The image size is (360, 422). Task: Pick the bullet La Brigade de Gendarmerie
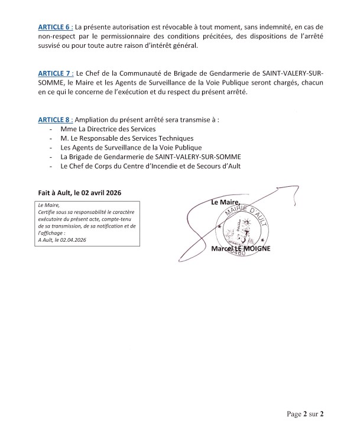coord(130,157)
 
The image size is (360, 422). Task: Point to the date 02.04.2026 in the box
coord(70,239)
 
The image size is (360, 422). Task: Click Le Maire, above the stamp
coord(224,203)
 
